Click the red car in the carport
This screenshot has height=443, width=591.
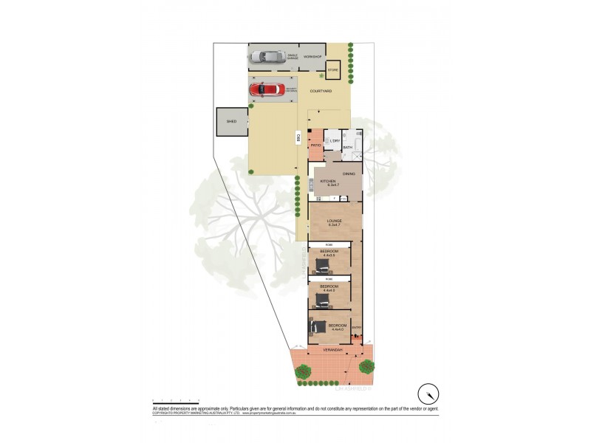268,90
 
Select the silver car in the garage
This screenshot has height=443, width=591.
268,56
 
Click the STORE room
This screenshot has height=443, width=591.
332,71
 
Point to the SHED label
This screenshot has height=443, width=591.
231,122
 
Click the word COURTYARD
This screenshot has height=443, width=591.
320,91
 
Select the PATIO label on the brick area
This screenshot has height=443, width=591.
315,145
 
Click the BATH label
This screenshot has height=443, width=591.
347,148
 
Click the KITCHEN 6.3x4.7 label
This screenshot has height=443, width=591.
328,182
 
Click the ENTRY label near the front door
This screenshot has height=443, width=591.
356,328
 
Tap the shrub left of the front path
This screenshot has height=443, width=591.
301,371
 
